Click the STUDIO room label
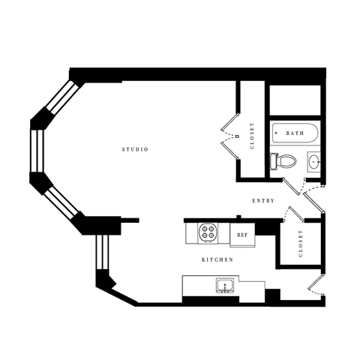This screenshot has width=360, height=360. click(135, 150)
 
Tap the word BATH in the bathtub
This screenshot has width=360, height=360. click(295, 133)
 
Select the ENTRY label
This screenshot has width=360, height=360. click(263, 200)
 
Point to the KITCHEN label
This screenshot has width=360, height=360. click(217, 259)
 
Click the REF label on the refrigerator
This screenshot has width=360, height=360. click(242, 235)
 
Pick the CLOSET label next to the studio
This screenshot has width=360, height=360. click(252, 135)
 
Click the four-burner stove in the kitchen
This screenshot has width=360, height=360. click(208, 233)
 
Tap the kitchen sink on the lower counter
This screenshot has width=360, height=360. click(224, 285)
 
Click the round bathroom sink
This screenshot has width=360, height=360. click(313, 160)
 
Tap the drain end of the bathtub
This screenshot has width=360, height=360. click(277, 133)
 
